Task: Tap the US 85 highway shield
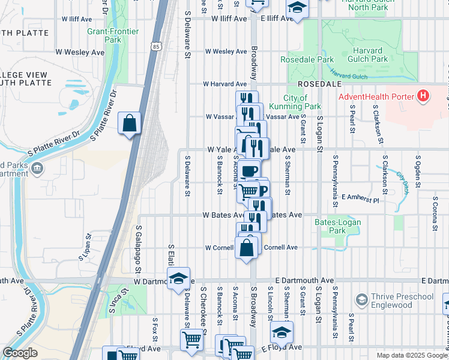point(156,46)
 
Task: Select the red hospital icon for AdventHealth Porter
point(424,96)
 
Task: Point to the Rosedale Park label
point(307,60)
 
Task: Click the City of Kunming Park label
point(295,102)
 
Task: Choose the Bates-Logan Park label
point(330,226)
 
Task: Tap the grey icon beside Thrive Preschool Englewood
point(361,299)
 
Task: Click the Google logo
point(20,353)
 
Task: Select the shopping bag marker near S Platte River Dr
point(129,124)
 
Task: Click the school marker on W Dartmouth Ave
point(178,278)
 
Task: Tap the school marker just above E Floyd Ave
point(282,332)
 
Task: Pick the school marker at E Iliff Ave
point(296,8)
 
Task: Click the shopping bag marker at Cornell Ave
point(247,248)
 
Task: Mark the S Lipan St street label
point(84,247)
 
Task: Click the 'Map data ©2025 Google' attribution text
point(411,355)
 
